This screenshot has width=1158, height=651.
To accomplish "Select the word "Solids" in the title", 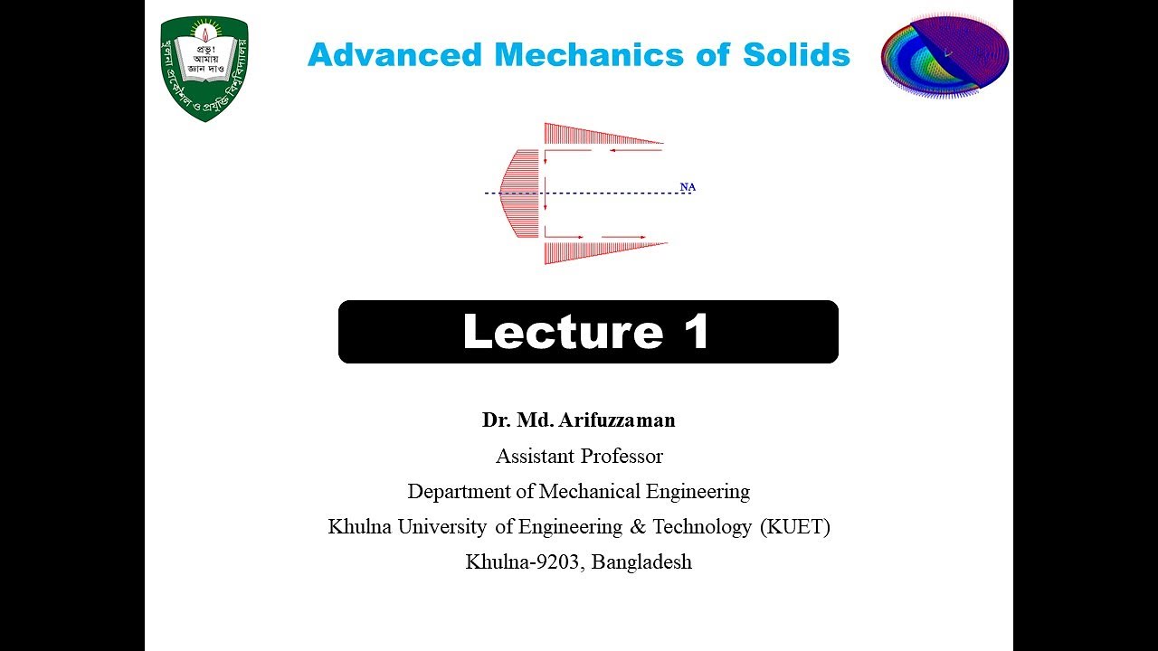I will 796,55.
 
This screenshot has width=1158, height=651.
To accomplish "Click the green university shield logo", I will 204,69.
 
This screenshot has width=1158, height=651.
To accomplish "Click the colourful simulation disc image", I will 944,55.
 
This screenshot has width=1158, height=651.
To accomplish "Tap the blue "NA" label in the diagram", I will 688,187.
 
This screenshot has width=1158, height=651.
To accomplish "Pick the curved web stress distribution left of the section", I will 521,193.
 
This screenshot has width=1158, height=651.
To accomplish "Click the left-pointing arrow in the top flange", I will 636,150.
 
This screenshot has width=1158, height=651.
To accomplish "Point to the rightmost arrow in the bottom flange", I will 624,237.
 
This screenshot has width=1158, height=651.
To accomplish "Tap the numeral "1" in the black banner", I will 696,332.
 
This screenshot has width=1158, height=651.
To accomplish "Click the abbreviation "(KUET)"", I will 795,527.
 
